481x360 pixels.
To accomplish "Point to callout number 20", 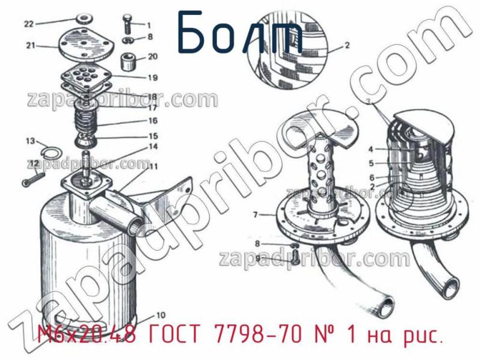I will (153, 57).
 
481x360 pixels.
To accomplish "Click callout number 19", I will (153, 78).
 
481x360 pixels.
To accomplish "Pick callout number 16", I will (153, 121).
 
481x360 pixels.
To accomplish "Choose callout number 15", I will (153, 136).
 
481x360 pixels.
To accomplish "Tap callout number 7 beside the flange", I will (255, 214).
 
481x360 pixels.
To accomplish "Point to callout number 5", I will (372, 163).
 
